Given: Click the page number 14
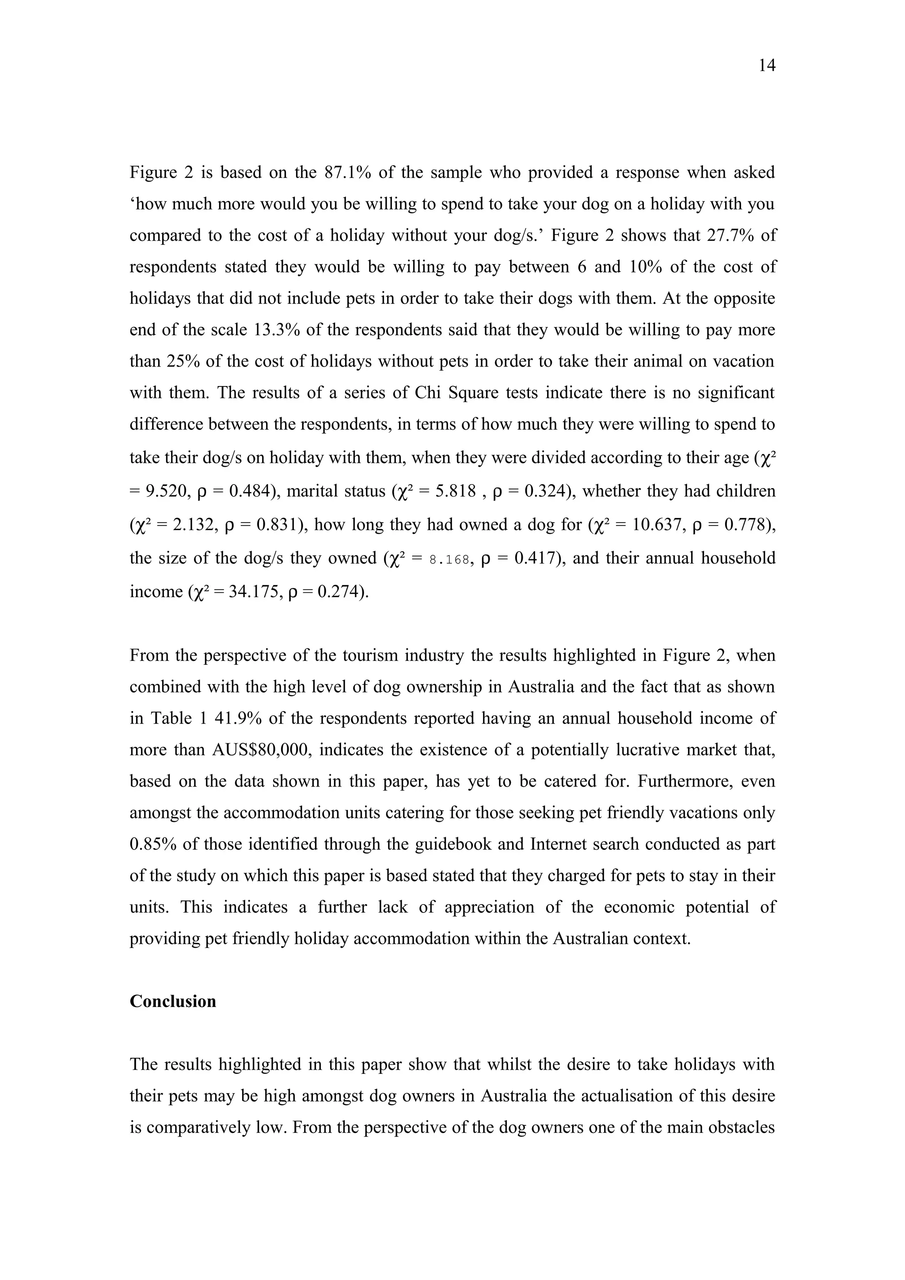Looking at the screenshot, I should [767, 66].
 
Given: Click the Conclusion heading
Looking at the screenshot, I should [173, 1001].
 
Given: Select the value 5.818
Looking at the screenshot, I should [456, 492].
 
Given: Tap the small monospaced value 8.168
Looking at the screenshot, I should [449, 559].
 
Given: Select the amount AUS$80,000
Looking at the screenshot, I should [260, 750].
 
